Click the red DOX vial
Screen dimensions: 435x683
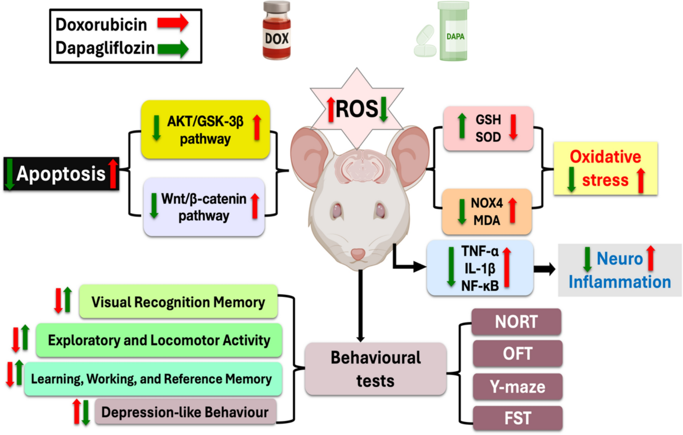(277, 32)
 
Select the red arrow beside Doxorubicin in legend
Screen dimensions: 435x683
(173, 23)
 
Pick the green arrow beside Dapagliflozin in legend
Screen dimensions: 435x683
(173, 48)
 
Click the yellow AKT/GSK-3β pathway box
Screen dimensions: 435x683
(205, 130)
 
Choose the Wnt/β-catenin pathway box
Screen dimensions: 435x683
(204, 207)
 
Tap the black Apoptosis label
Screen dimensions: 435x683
(61, 174)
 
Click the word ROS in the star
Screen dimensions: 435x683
(357, 109)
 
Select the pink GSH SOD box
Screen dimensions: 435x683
(488, 128)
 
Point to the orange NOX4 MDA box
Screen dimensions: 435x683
(486, 212)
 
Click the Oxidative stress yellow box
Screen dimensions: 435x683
(605, 168)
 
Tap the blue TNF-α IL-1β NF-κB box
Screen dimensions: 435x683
(480, 268)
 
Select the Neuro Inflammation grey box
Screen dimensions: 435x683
(619, 270)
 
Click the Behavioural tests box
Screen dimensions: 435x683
(375, 369)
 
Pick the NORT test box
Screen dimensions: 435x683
(516, 322)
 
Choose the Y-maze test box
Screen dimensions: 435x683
(517, 387)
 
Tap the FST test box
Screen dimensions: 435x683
(517, 418)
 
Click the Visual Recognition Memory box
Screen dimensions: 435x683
(178, 302)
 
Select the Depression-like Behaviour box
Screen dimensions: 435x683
(185, 412)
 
